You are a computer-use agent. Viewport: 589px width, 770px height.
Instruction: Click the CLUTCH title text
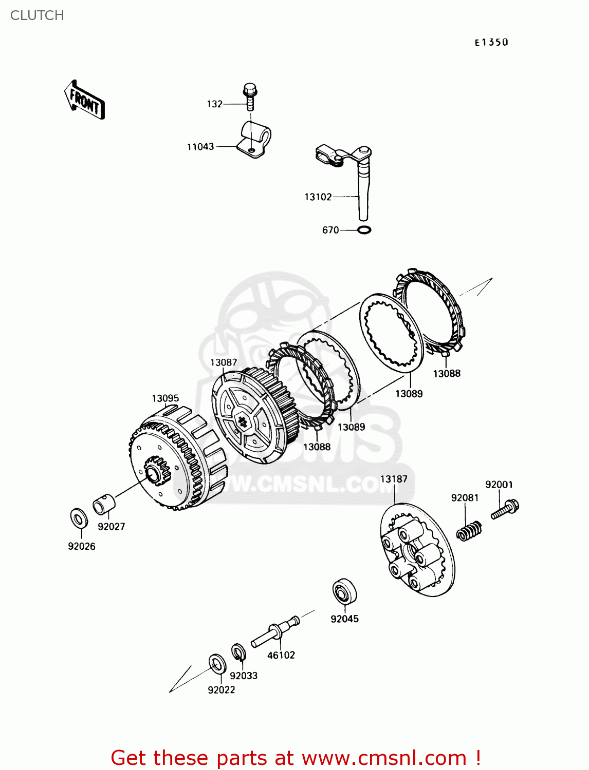37,15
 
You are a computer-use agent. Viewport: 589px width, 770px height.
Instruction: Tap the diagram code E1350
491,43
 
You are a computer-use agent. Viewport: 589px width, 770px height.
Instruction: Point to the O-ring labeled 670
363,230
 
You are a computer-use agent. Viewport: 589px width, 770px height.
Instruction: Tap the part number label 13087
224,362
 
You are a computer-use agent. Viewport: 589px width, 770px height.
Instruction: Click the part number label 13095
165,398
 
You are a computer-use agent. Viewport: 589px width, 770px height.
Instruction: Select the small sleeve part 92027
104,504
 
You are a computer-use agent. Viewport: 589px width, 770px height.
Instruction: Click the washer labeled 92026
79,518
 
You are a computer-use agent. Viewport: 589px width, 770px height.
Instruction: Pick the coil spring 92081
469,530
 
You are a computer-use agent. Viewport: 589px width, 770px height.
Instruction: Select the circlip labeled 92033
238,652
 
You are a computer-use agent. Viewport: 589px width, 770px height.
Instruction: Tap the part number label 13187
394,479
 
